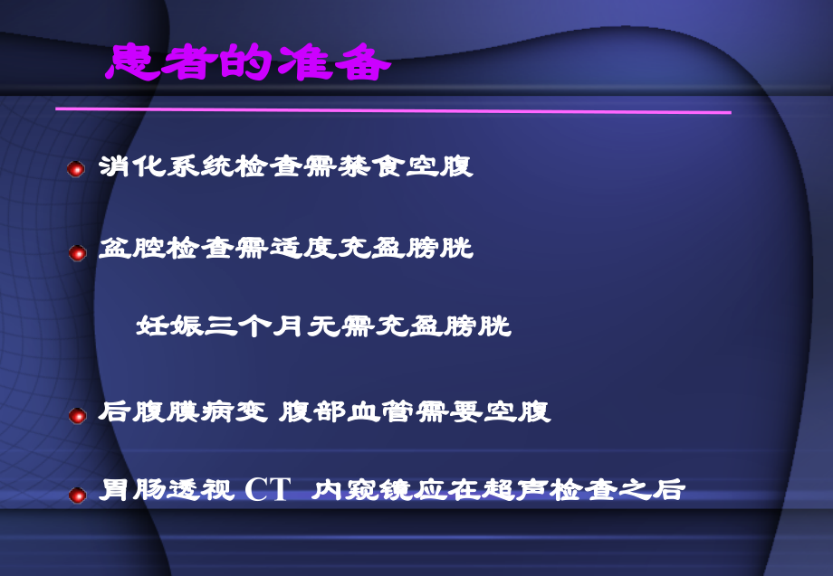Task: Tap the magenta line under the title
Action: pos(393,110)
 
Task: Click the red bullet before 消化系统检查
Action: pos(77,169)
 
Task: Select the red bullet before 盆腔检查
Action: pos(77,252)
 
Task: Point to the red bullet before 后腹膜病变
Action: pos(77,416)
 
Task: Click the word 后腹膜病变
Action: pos(182,413)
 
